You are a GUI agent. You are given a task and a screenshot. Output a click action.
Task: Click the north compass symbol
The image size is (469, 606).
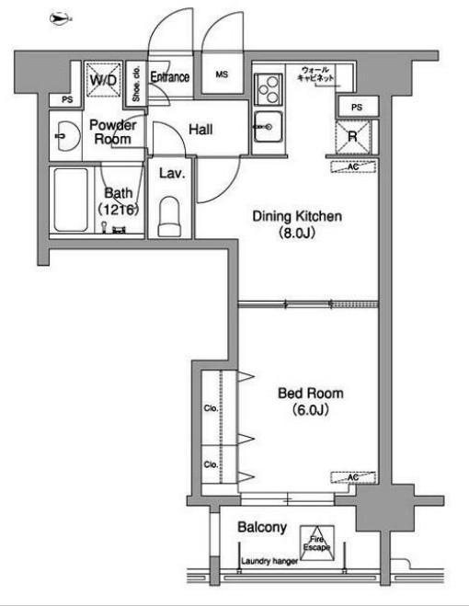pyautogui.click(x=61, y=18)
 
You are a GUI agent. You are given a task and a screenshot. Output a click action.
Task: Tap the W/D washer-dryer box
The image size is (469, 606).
pyautogui.click(x=103, y=79)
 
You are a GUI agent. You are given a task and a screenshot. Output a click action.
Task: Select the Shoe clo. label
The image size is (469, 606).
pyautogui.click(x=136, y=84)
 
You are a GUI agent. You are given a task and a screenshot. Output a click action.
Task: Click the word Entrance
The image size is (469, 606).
pyautogui.click(x=170, y=77)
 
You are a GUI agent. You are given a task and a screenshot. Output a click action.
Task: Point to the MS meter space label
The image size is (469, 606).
pyautogui.click(x=222, y=74)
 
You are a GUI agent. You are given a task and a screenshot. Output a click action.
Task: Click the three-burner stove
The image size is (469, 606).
pyautogui.click(x=269, y=89)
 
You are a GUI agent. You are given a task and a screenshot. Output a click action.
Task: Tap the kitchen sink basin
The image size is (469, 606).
pyautogui.click(x=269, y=127)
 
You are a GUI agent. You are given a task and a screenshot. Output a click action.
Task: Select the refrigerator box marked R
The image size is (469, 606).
pyautogui.click(x=352, y=136)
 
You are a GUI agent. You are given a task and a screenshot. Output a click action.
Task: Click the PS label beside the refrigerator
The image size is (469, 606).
pyautogui.click(x=357, y=107)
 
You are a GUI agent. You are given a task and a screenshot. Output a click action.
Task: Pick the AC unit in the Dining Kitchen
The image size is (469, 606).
pyautogui.click(x=353, y=167)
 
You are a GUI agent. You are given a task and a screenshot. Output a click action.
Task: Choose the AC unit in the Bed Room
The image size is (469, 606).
pyautogui.click(x=353, y=477)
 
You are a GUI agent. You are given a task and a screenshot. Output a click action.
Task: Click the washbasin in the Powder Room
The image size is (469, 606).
pyautogui.click(x=68, y=136)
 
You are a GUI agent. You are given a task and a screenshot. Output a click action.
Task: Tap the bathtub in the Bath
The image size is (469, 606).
pyautogui.click(x=71, y=200)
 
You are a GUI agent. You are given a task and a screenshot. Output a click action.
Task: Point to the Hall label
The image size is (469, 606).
pyautogui.click(x=200, y=130)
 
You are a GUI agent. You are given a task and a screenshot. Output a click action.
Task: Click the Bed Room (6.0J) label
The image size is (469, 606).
pyautogui.click(x=311, y=401)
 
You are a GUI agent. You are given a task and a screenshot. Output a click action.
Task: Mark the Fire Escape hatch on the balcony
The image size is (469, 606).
pyautogui.click(x=317, y=543)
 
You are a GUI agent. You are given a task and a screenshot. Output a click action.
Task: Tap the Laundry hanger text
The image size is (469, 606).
pyautogui.click(x=269, y=561)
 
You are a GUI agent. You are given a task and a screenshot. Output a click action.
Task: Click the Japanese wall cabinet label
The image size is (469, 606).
pyautogui.click(x=315, y=74)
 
